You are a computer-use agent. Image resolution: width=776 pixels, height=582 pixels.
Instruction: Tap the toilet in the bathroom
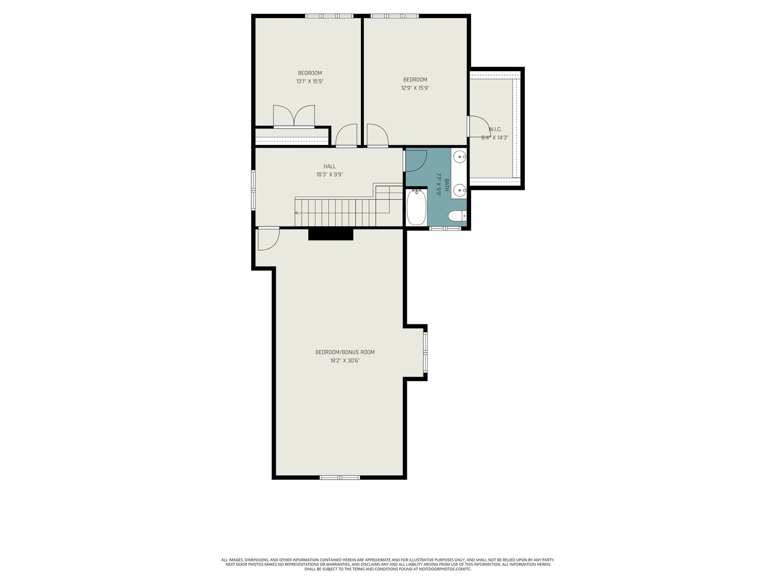click(x=457, y=216)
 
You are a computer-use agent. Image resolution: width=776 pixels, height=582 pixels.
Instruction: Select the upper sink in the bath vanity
click(x=460, y=157)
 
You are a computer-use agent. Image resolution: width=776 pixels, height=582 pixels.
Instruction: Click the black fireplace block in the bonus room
click(x=330, y=234)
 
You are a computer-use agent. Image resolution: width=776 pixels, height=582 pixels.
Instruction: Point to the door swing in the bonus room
click(x=268, y=239)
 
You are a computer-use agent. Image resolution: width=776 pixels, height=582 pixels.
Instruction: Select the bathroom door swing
click(x=415, y=160)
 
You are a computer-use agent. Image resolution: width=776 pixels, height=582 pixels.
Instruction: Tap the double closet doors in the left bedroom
click(x=294, y=116)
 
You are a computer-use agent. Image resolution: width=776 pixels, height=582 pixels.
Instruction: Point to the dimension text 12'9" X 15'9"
click(x=415, y=88)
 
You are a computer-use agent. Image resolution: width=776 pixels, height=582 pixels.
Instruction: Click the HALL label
click(x=329, y=166)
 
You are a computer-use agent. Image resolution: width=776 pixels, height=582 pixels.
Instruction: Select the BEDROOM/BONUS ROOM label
click(x=345, y=352)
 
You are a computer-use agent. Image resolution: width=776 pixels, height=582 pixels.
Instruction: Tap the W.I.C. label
click(x=495, y=129)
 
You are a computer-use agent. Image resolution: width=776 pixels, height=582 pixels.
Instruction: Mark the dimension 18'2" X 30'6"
click(x=345, y=361)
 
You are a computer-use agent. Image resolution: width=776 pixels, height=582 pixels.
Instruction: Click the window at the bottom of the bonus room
click(x=339, y=477)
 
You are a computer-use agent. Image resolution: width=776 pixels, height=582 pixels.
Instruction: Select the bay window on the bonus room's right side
click(x=425, y=352)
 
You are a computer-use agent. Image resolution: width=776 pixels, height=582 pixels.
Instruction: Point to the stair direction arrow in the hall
click(x=297, y=213)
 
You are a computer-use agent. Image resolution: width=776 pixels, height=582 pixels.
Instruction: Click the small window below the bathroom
click(x=445, y=228)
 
